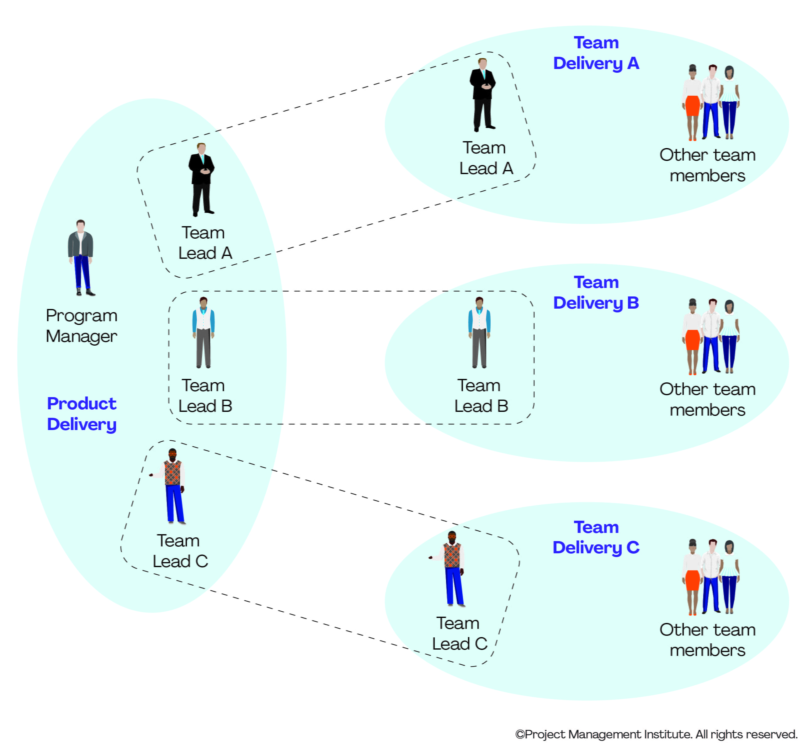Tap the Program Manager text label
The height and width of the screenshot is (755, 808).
click(81, 326)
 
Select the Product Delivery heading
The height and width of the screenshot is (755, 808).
click(82, 414)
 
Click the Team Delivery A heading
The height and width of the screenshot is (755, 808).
click(596, 53)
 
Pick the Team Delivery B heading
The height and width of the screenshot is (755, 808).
click(596, 293)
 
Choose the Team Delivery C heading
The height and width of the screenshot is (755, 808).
click(596, 537)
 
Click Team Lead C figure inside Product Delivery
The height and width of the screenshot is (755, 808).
click(173, 486)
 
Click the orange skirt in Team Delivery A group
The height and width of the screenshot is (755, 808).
click(693, 106)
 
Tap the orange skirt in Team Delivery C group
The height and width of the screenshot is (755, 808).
click(693, 580)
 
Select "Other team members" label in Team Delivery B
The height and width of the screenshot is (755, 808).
click(707, 399)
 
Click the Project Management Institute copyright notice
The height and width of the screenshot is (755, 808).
click(656, 734)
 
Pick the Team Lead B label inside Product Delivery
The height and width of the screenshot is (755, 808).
click(205, 396)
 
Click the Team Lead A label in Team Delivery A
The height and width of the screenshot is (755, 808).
click(486, 158)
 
